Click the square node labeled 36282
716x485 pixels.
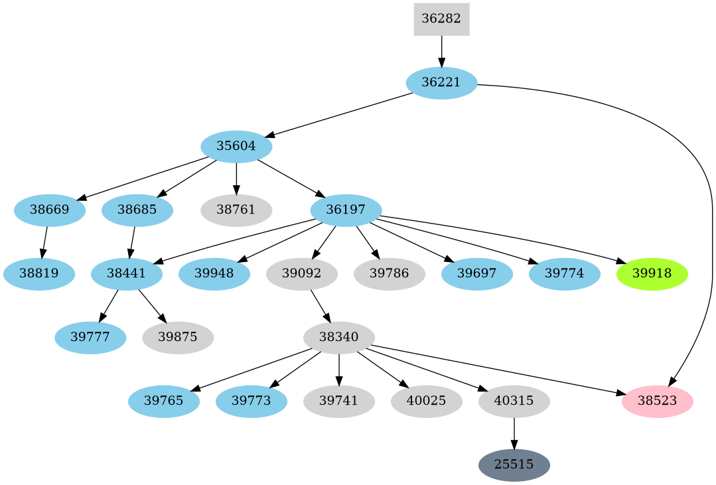click(441, 19)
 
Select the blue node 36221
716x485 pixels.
click(441, 83)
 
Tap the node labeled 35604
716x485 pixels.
click(236, 147)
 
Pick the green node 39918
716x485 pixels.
click(652, 274)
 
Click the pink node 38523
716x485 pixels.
click(657, 401)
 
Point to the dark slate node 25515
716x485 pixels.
click(514, 465)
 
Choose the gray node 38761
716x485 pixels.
click(236, 210)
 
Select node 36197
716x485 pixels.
click(346, 210)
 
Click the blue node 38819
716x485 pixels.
click(38, 274)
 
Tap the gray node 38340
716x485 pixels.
click(339, 338)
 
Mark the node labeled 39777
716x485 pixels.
click(90, 338)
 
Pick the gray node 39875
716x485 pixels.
click(178, 338)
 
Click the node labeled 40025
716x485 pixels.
click(426, 401)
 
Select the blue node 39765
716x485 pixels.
click(164, 401)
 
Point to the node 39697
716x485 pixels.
click(476, 274)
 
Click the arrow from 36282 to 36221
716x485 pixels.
click(441, 50)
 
